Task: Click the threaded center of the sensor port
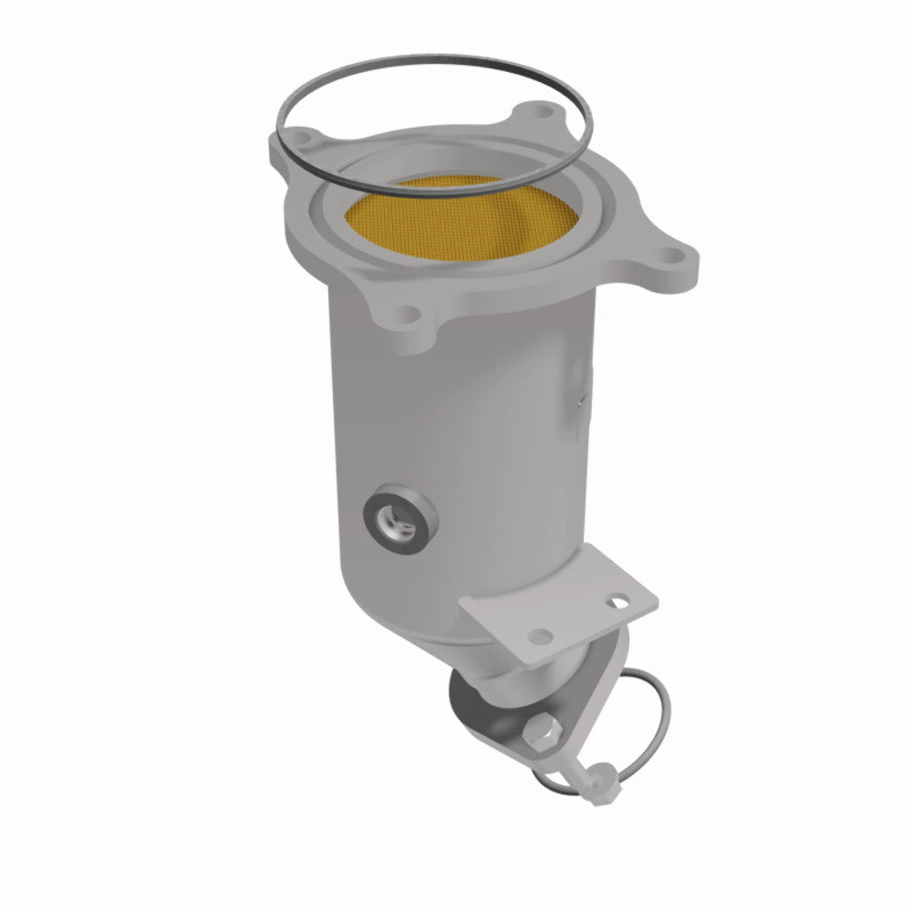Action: [x=399, y=516]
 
